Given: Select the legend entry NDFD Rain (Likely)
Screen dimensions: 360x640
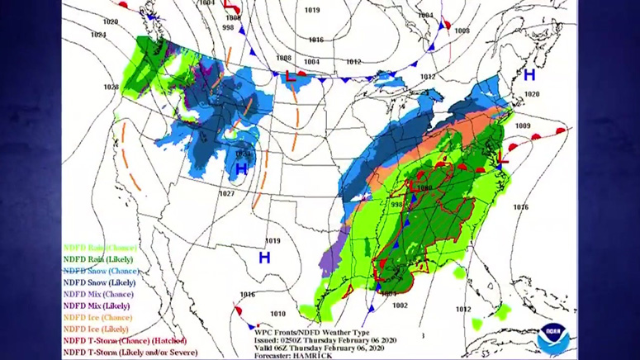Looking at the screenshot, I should [100, 258].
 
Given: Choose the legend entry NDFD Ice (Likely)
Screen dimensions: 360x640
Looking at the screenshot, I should [96, 329].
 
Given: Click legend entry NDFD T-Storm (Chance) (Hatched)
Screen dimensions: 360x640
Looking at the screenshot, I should [125, 340].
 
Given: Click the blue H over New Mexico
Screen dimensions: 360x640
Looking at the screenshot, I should [264, 258].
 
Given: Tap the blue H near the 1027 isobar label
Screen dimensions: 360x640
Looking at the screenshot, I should [241, 169].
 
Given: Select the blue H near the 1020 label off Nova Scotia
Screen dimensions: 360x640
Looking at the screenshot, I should [529, 75].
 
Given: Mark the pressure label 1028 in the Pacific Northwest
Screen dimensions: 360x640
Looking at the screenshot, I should [111, 86].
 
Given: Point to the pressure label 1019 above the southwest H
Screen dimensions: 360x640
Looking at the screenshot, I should [273, 241].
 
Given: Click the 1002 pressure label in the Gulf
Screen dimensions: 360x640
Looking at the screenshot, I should [401, 306].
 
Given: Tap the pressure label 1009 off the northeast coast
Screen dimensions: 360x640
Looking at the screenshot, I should [522, 126].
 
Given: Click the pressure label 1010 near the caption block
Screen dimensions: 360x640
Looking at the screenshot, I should [277, 314].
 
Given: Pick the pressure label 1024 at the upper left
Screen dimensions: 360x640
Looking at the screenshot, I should [98, 35].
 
